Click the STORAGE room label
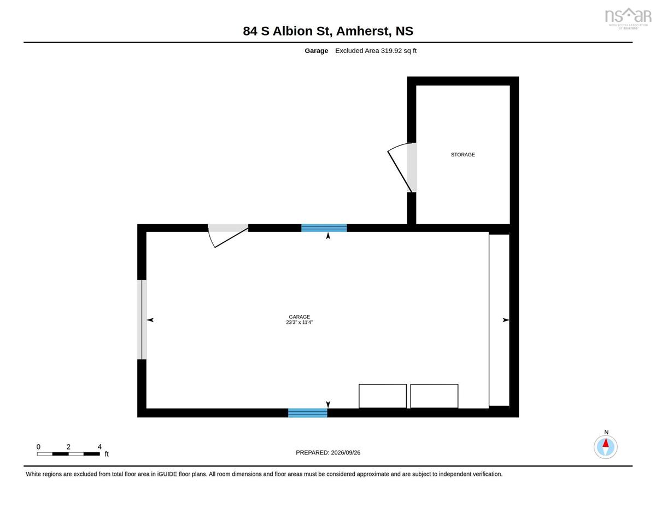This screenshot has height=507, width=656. click(x=462, y=155)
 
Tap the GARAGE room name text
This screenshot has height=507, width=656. click(x=299, y=317)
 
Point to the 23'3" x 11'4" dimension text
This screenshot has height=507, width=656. click(x=299, y=322)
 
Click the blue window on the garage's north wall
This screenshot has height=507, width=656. click(x=324, y=228)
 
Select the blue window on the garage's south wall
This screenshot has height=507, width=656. click(x=308, y=413)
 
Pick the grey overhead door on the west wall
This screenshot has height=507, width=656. click(x=142, y=320)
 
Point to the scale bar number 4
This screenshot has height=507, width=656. click(x=99, y=447)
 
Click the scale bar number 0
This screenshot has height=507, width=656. click(x=38, y=447)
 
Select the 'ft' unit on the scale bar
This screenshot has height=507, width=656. click(x=107, y=454)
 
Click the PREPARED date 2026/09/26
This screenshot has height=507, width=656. click(x=345, y=452)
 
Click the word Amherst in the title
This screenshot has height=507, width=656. click(x=362, y=31)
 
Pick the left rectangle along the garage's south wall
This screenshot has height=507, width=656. click(x=383, y=396)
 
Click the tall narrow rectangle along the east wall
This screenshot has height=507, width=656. click(x=499, y=320)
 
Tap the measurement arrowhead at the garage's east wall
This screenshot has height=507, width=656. click(x=506, y=320)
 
